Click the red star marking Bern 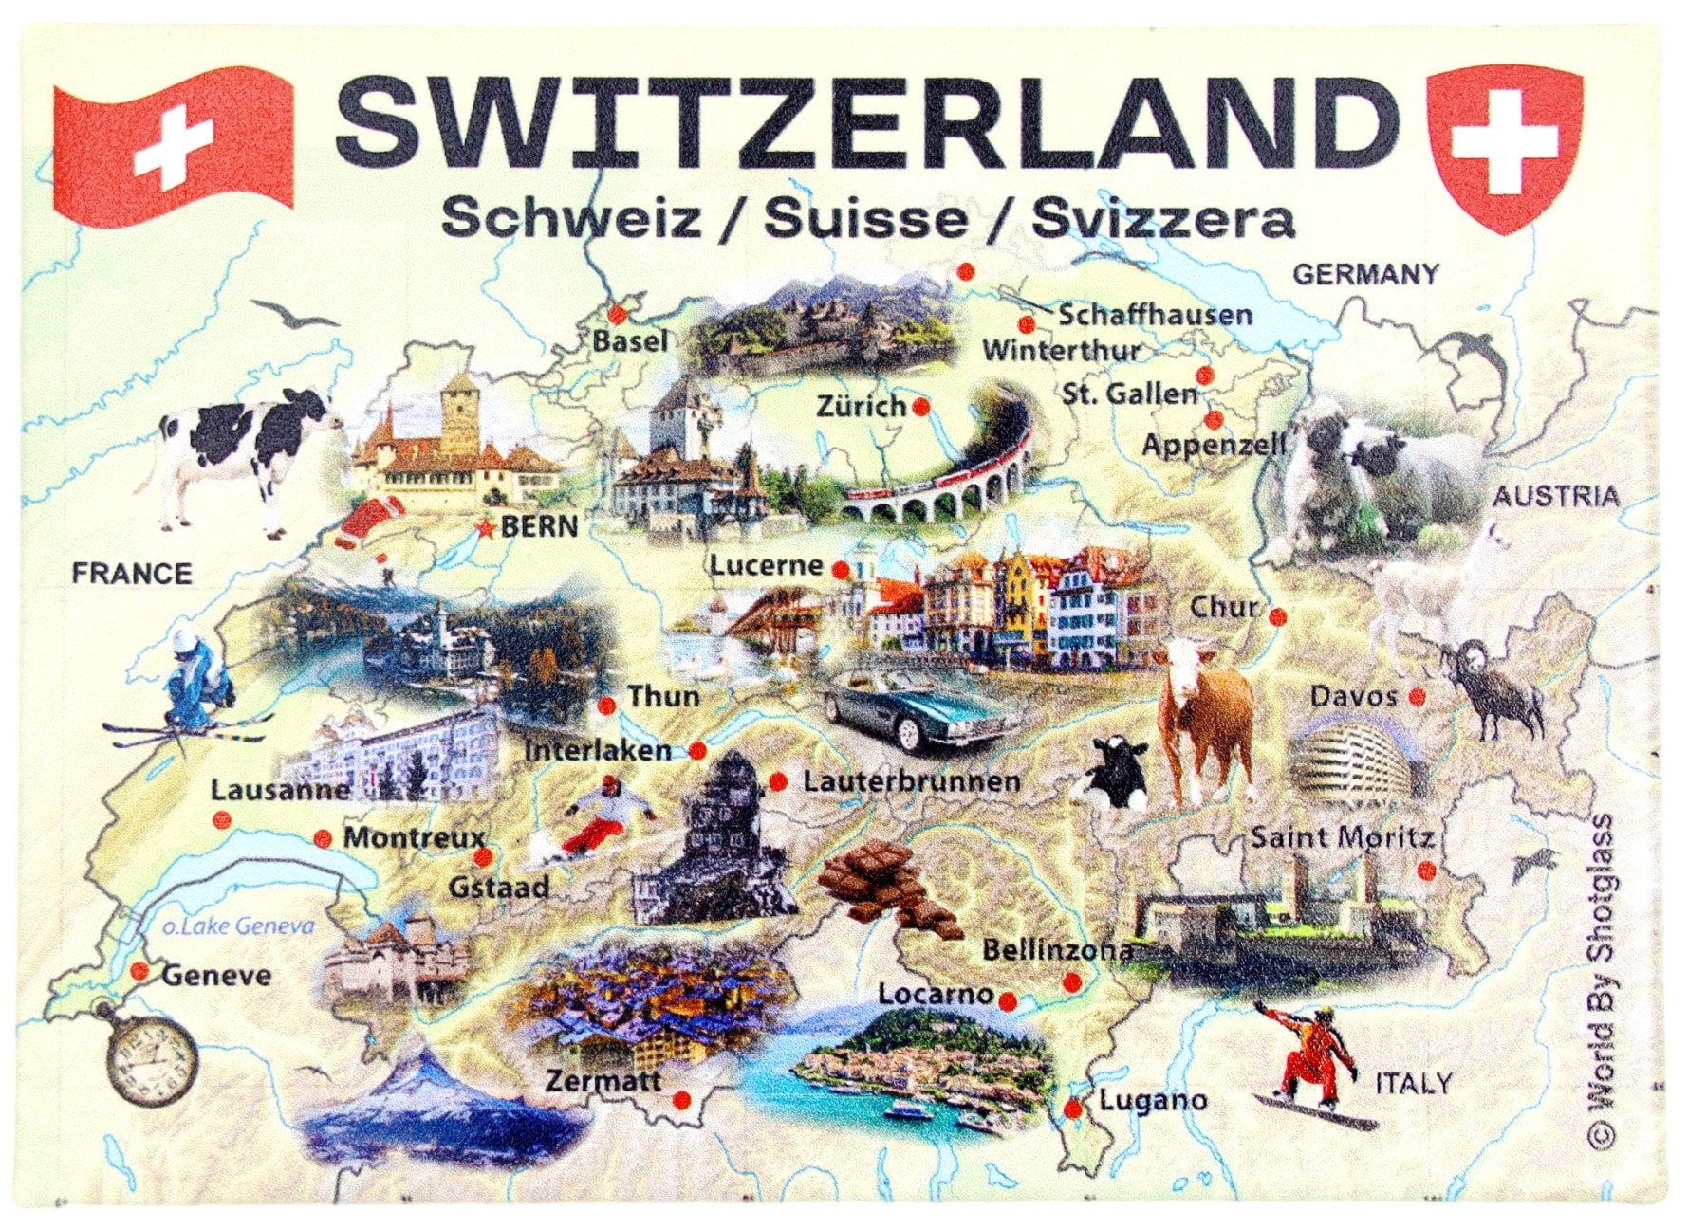487,528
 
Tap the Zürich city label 862,407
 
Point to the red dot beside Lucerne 841,570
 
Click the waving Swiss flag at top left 174,141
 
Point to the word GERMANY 1365,275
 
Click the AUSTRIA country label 1556,496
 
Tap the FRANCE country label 132,574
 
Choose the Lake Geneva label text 237,926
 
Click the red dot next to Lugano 1073,1109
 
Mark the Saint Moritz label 1342,838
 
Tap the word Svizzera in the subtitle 1162,220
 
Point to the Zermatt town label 603,1080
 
